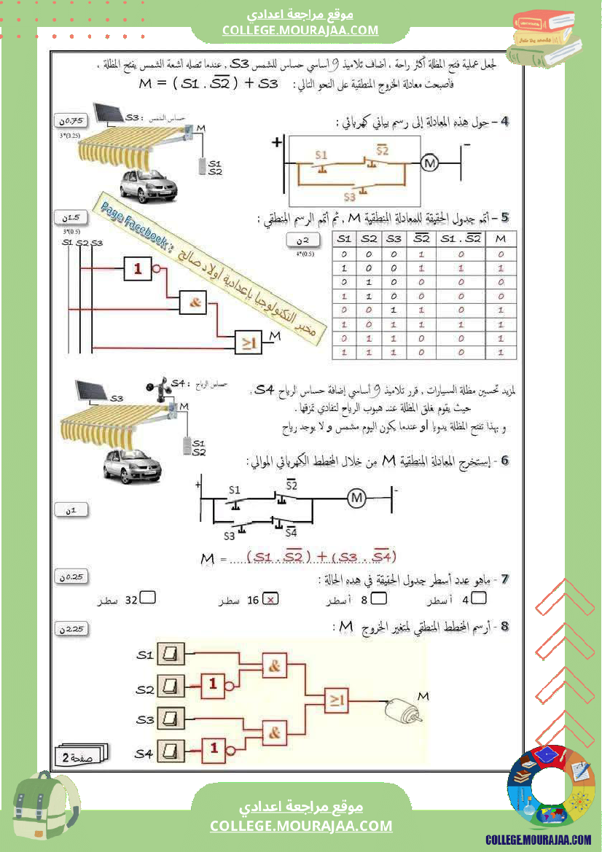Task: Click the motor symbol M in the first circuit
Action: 429,163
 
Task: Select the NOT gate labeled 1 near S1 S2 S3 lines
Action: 138,269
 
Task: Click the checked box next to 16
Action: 271,600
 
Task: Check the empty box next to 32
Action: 147,599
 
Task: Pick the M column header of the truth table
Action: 499,240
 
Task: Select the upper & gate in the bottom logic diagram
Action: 275,665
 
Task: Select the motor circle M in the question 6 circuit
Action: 356,498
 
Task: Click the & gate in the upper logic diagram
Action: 193,302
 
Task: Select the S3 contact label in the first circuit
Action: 349,196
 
